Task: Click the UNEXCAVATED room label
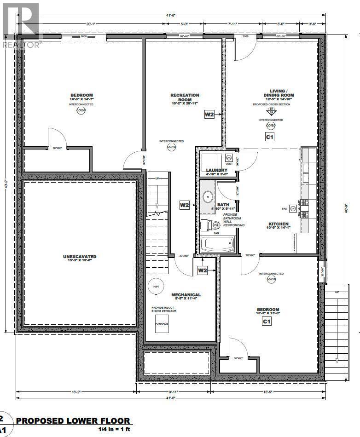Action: click(80, 257)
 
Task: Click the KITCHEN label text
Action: click(279, 225)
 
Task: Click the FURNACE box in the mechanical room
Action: click(161, 324)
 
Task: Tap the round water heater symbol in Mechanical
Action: click(155, 286)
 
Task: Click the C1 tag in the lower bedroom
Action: click(266, 322)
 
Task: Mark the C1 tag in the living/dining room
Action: click(269, 137)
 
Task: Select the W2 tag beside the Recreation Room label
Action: click(209, 115)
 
